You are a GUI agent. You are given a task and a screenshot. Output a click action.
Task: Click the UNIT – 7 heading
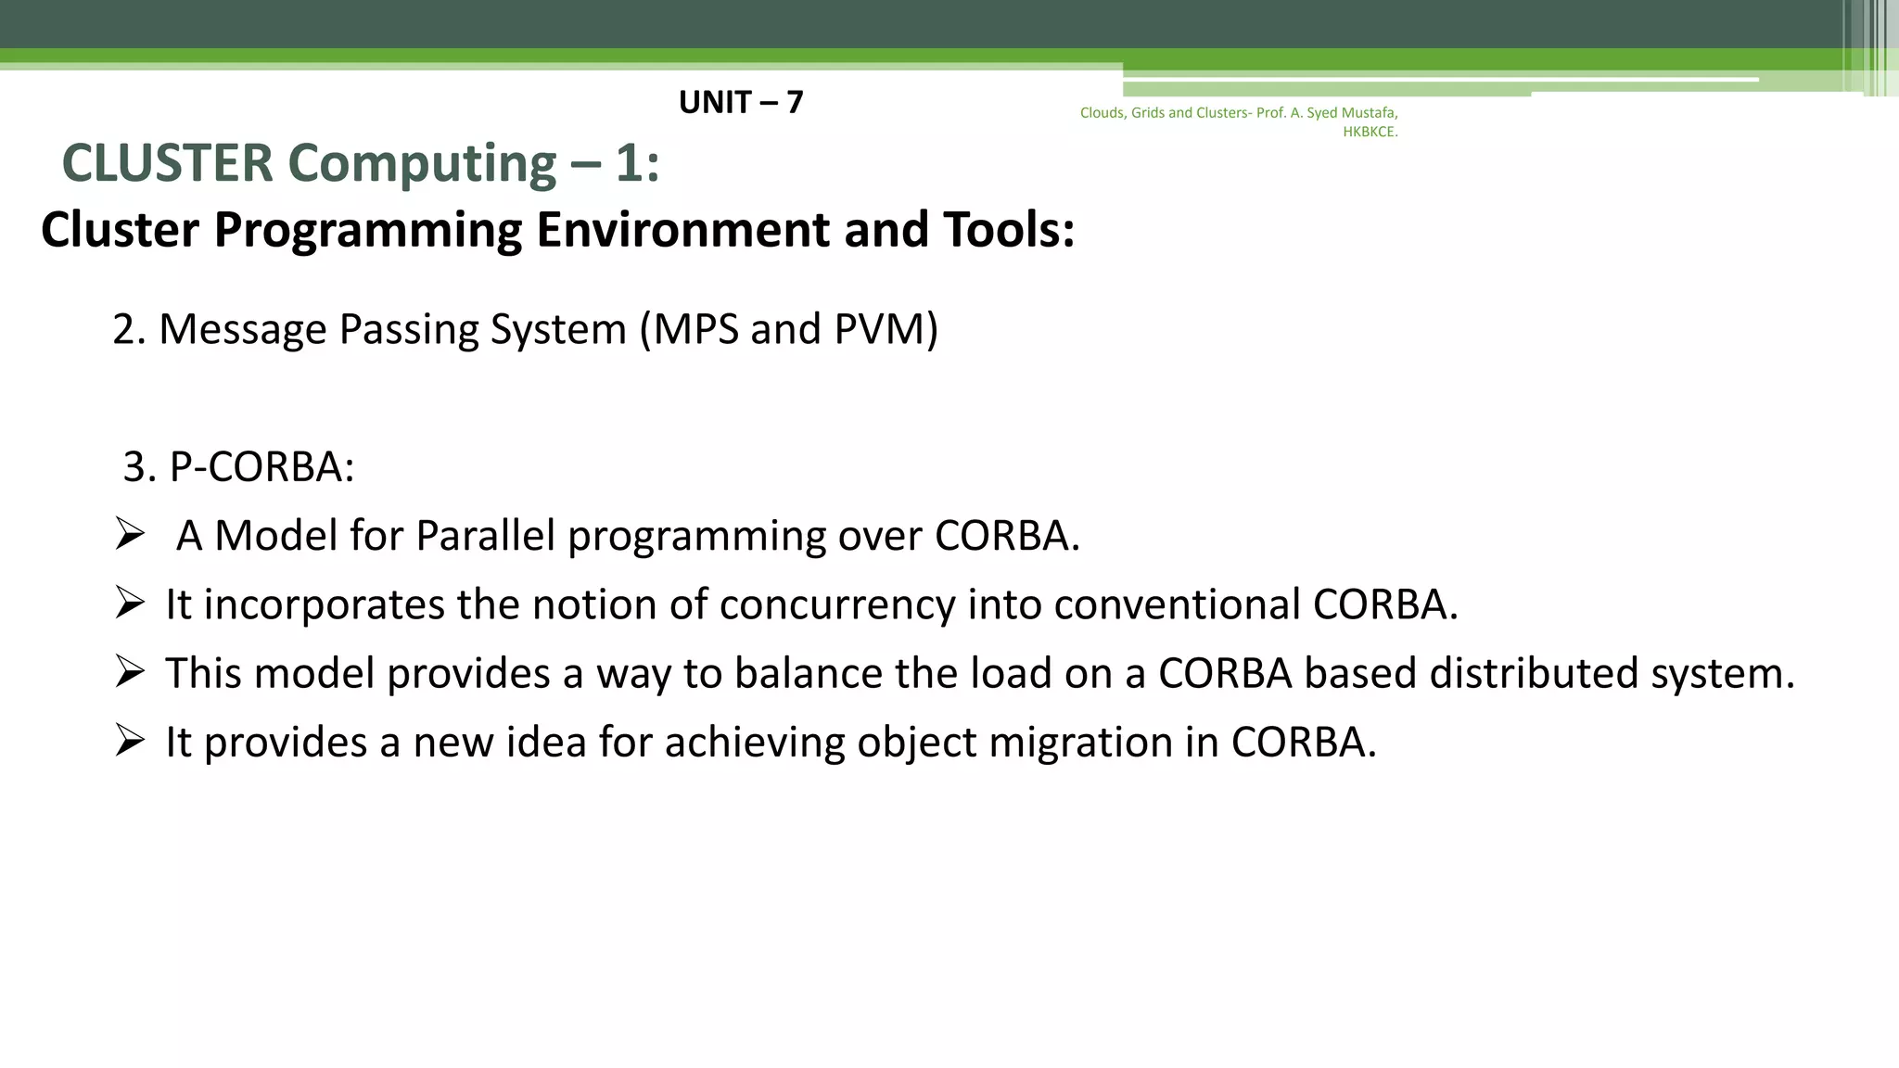pyautogui.click(x=740, y=102)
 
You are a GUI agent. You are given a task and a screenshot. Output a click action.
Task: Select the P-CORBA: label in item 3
pyautogui.click(x=261, y=466)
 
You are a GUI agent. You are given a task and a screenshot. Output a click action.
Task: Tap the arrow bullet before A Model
pyautogui.click(x=130, y=535)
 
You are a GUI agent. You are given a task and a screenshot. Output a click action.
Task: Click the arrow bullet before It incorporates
pyautogui.click(x=130, y=604)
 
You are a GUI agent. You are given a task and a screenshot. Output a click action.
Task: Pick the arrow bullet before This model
pyautogui.click(x=130, y=672)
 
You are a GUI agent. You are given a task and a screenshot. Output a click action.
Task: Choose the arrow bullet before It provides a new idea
pyautogui.click(x=130, y=741)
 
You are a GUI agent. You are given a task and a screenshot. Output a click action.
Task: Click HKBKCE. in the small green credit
pyautogui.click(x=1370, y=132)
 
